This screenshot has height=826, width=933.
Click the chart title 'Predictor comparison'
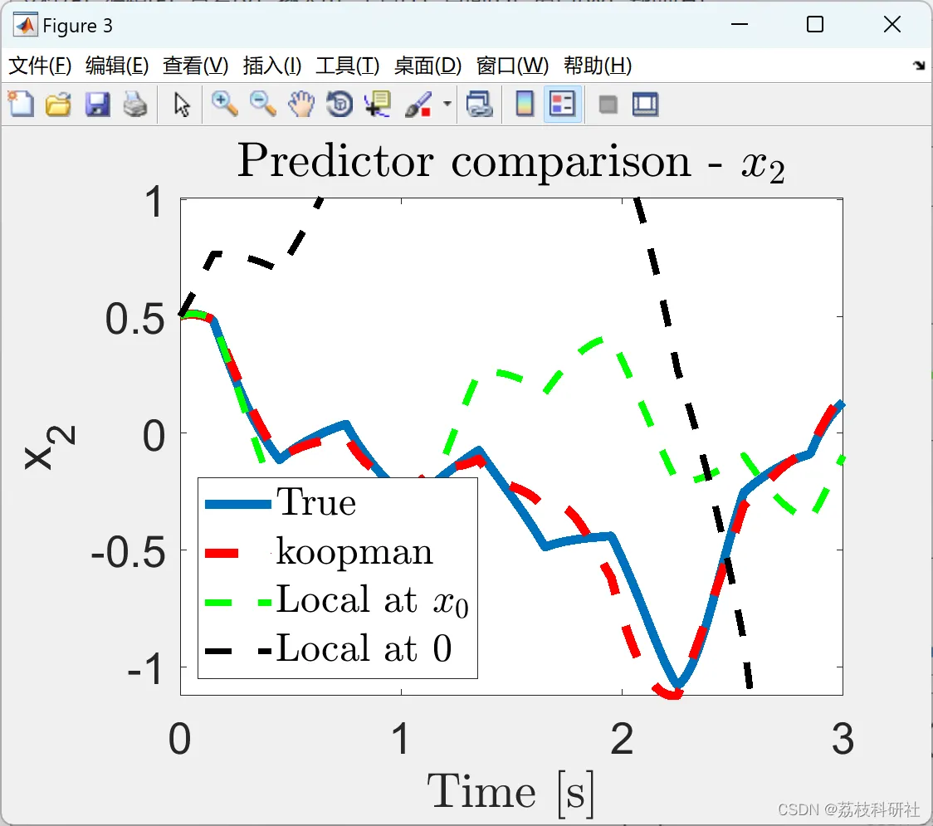pos(464,161)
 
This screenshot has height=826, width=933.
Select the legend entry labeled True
pos(316,502)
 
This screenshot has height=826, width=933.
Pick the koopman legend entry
pos(354,552)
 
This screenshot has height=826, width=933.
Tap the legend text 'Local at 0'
pos(364,648)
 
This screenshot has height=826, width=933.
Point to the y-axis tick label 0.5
pos(135,319)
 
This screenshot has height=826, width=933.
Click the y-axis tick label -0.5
pos(128,553)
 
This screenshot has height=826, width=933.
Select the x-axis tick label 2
pos(622,739)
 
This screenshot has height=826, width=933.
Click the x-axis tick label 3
pos(843,739)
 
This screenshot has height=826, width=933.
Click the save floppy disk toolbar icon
pos(97,105)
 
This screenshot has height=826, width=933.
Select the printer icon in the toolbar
pos(135,105)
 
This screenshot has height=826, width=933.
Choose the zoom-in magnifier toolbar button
pos(225,105)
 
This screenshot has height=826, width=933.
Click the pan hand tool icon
pos(301,105)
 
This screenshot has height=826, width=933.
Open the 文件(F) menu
pos(40,66)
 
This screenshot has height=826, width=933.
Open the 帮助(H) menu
pos(598,66)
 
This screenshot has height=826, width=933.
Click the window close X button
pos(892,24)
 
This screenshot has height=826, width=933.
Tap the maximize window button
pos(814,24)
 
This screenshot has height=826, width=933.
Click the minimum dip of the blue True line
pos(677,685)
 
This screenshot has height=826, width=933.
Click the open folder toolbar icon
pos(58,105)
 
